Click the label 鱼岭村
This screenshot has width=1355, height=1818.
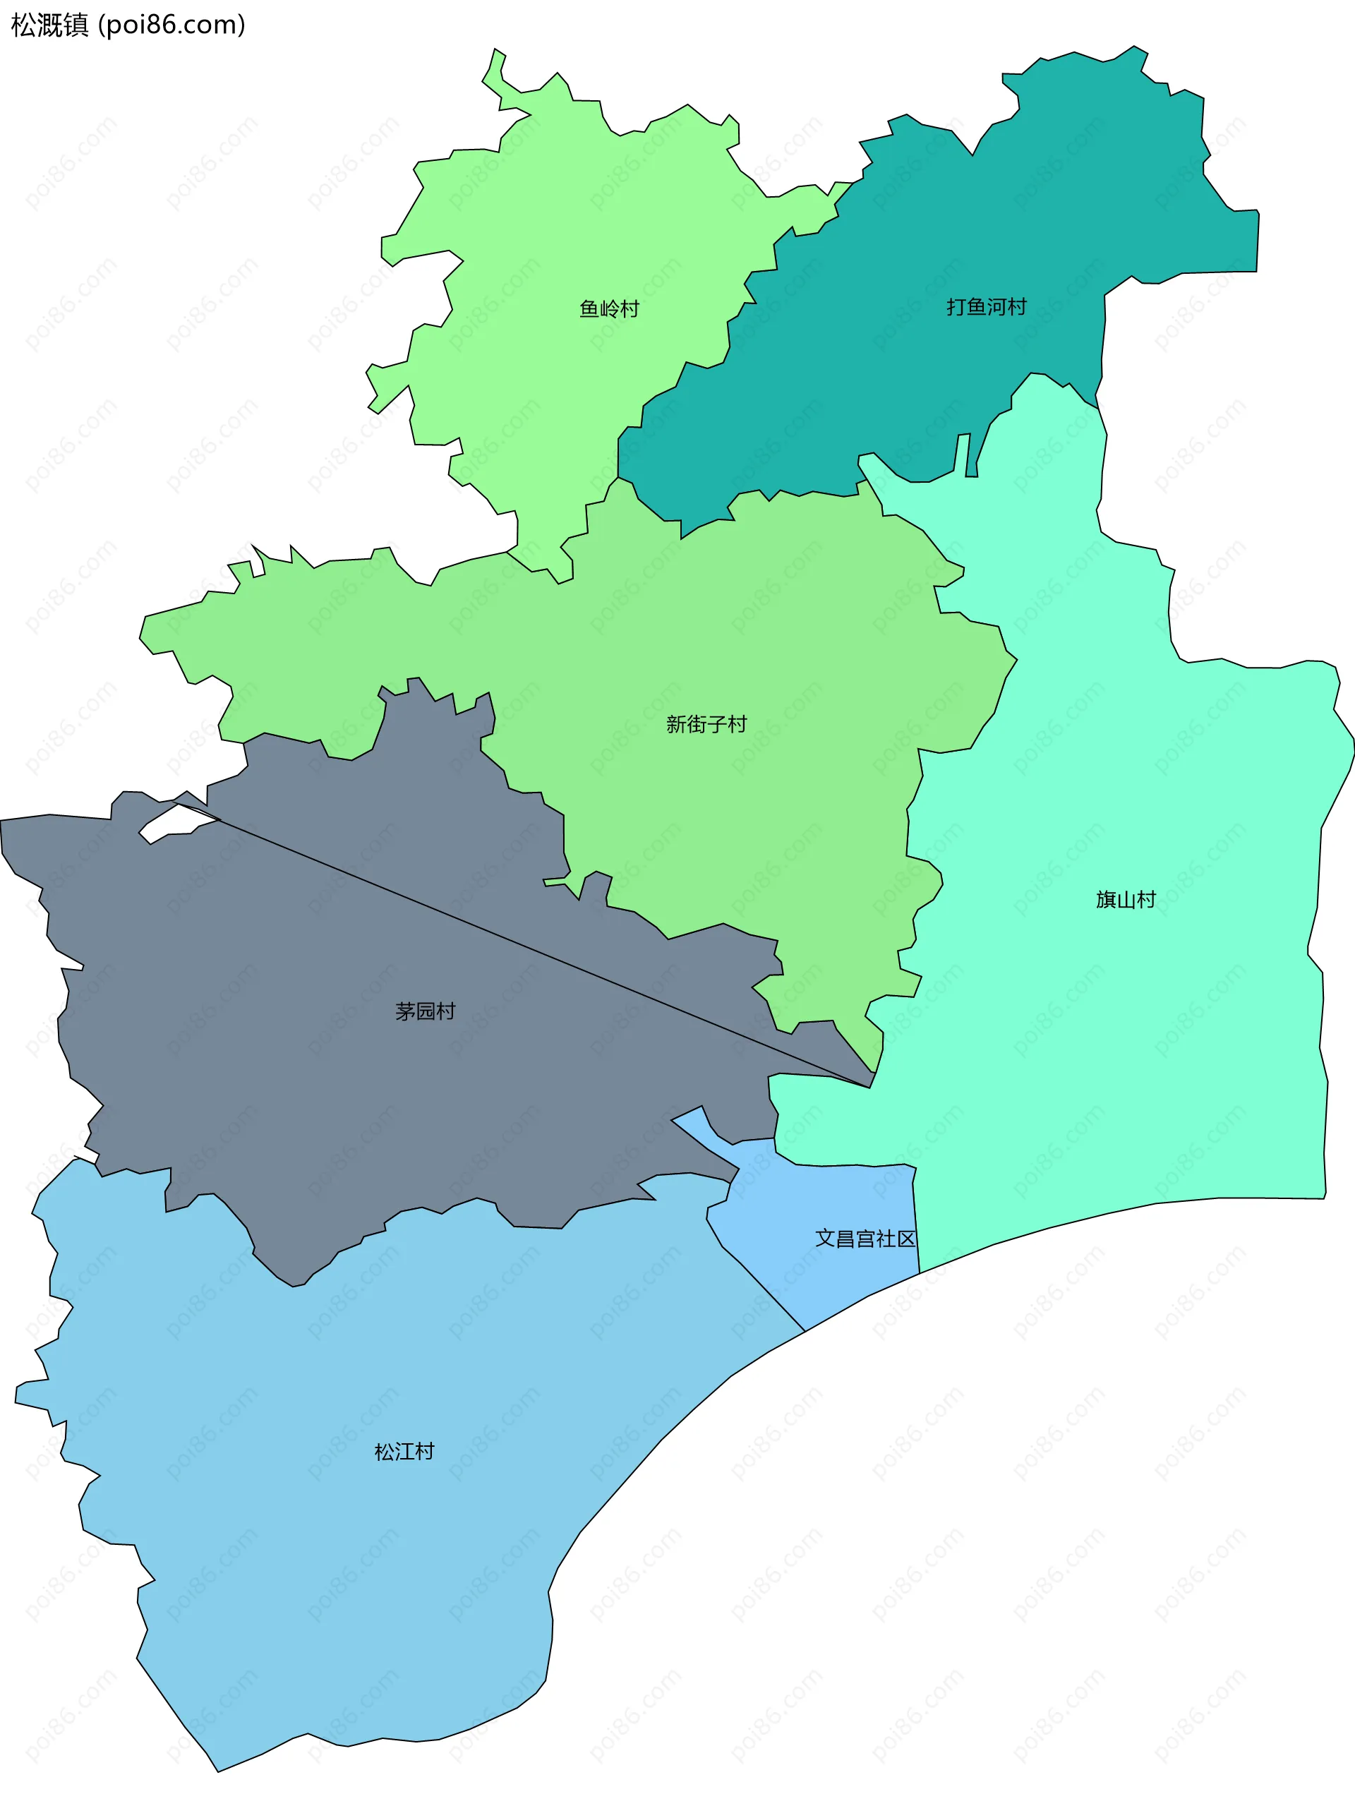(x=608, y=309)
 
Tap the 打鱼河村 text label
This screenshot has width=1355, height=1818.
(x=986, y=307)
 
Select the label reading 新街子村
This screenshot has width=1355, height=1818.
(x=706, y=724)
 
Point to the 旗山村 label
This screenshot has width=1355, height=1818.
(x=1126, y=900)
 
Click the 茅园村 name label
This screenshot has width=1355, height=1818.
(x=425, y=1011)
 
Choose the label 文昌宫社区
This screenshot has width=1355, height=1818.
(x=865, y=1239)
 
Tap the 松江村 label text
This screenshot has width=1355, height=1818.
(x=404, y=1452)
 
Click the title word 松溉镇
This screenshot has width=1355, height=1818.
(x=49, y=25)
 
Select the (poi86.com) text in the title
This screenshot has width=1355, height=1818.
(x=171, y=25)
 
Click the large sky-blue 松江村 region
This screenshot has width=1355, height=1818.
(x=369, y=1558)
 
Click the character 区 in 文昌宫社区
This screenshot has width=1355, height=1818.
(x=905, y=1239)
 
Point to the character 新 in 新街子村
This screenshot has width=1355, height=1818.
(x=676, y=724)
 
